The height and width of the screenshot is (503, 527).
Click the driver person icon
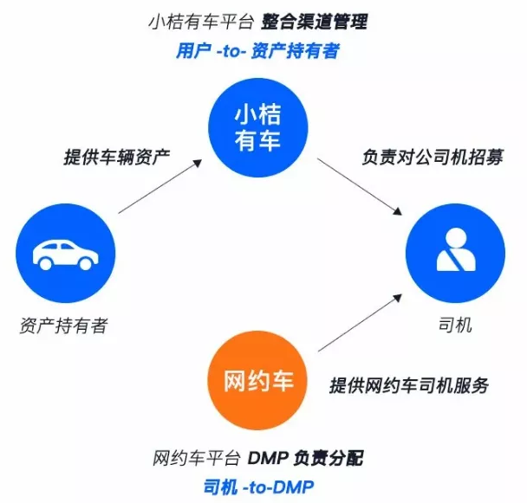pos(456,252)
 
